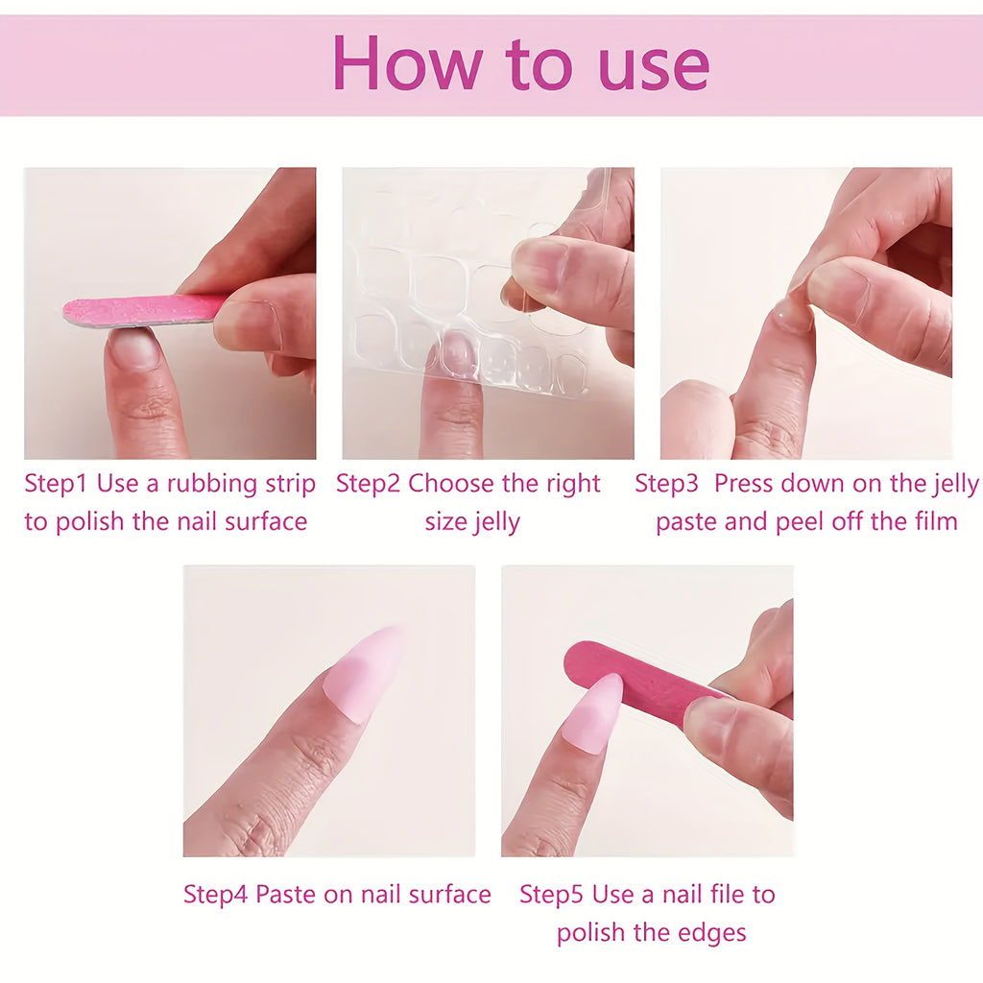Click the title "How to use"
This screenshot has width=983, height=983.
(520, 63)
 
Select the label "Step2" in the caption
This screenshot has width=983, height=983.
(368, 484)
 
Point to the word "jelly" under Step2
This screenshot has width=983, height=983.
(498, 523)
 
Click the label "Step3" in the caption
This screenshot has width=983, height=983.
(667, 484)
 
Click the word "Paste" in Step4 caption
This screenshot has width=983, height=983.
(291, 895)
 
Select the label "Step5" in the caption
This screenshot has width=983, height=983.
(552, 895)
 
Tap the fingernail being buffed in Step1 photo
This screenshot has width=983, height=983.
(134, 348)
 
